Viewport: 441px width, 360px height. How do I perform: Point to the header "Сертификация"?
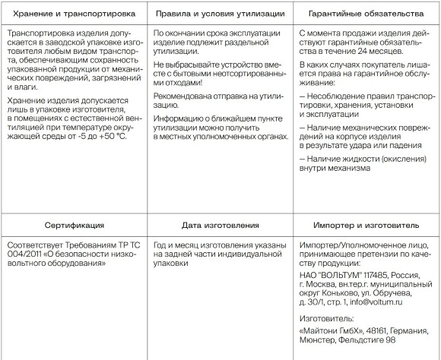[x=73, y=225]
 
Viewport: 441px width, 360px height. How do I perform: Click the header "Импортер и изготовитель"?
[x=366, y=225]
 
